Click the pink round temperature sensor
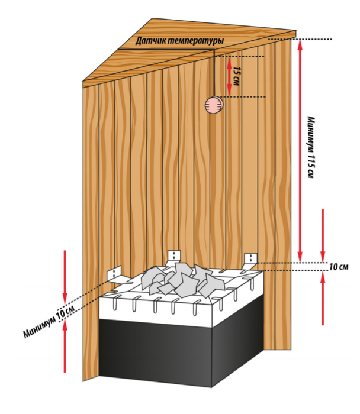pyautogui.click(x=213, y=105)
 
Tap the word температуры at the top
pyautogui.click(x=196, y=41)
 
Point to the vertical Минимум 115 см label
pyautogui.click(x=311, y=148)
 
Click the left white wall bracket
pyautogui.click(x=114, y=274)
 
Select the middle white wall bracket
pyautogui.click(x=174, y=256)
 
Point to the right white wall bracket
pyautogui.click(x=250, y=258)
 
